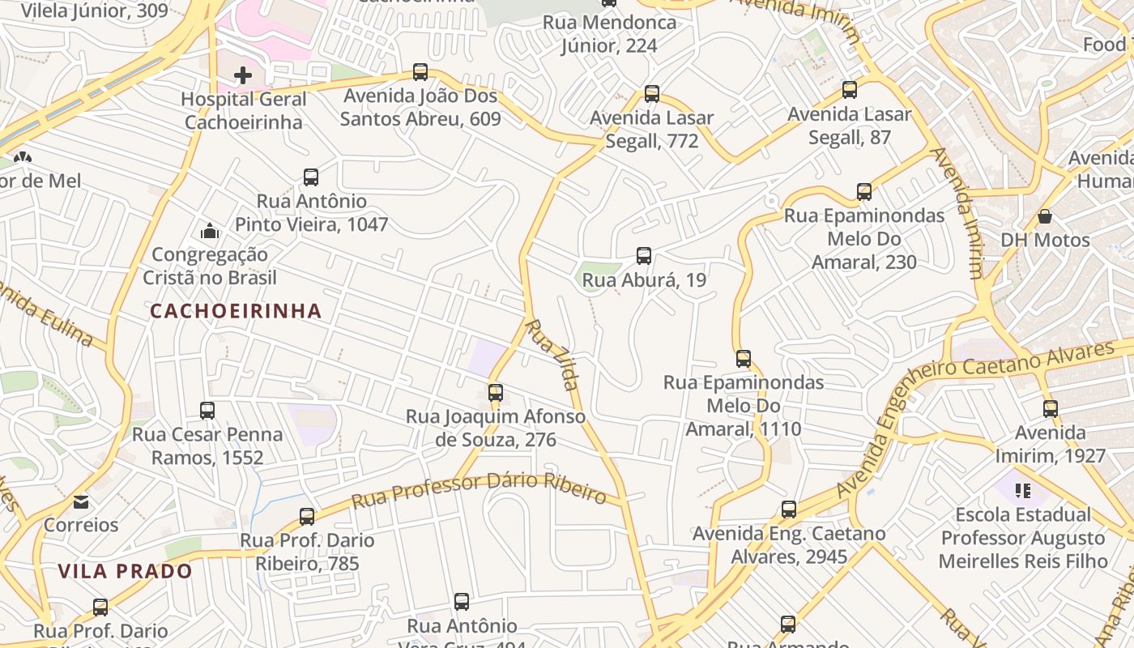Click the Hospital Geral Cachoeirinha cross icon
click(x=242, y=75)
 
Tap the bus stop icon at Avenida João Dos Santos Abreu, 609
click(x=420, y=72)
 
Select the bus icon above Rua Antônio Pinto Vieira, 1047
click(x=310, y=177)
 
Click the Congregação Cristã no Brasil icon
click(x=210, y=232)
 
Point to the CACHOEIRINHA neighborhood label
click(x=236, y=311)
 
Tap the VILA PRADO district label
click(x=126, y=571)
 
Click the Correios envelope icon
click(x=81, y=502)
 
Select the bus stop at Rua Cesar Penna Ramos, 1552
click(x=207, y=411)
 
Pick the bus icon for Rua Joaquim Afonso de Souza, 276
click(x=496, y=393)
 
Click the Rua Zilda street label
click(x=552, y=355)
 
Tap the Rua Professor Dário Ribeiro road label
click(x=480, y=489)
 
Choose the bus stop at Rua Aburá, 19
click(x=644, y=256)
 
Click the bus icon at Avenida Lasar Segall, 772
click(x=652, y=94)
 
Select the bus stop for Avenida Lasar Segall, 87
click(x=849, y=90)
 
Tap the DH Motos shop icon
click(x=1045, y=217)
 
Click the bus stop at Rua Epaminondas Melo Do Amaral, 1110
click(x=744, y=358)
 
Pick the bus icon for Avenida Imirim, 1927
click(x=1051, y=409)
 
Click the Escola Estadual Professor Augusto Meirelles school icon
click(x=1023, y=490)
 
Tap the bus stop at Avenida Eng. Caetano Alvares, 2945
click(x=789, y=509)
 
